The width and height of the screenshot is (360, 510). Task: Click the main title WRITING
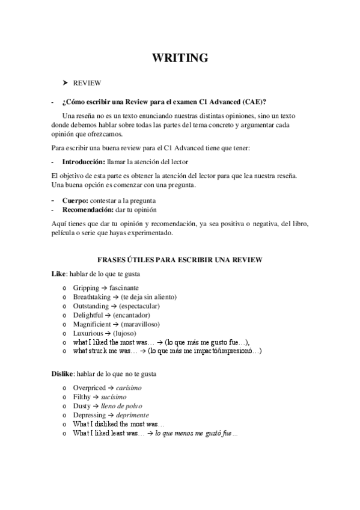coord(180,58)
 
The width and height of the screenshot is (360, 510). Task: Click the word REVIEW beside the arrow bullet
coord(87,83)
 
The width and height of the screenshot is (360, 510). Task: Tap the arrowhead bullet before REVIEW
coord(65,83)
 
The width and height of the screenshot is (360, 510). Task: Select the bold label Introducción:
coord(84,162)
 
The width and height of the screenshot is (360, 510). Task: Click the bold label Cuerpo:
coord(75,200)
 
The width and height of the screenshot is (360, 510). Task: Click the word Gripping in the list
coord(86,288)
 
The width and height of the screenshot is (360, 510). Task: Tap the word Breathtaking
coord(92,297)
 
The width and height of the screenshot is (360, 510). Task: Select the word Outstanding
coord(91,306)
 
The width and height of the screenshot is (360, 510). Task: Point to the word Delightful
coord(88,315)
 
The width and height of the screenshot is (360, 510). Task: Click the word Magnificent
coord(91,324)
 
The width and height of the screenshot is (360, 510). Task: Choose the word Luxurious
coord(88,333)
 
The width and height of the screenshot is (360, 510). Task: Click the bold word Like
coord(58,274)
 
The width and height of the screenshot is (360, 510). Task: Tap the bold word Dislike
coord(62,374)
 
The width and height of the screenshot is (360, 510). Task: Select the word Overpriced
coord(90,389)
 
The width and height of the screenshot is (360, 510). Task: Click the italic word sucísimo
coord(112,398)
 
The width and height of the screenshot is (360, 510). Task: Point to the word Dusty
coord(82,407)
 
